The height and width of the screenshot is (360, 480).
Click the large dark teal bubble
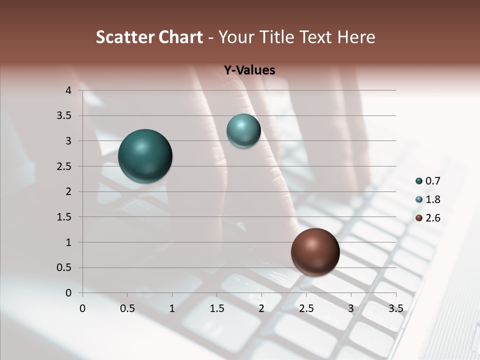click(145, 156)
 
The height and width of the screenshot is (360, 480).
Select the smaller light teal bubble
click(243, 130)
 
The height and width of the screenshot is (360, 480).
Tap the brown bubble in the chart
click(315, 252)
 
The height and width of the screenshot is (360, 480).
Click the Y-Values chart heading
click(249, 70)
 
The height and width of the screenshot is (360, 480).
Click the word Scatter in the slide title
click(125, 37)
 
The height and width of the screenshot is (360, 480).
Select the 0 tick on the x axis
click(82, 308)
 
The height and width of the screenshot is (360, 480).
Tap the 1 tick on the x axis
click(172, 308)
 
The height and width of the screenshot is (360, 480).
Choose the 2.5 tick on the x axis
click(306, 308)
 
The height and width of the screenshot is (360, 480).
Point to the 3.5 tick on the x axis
click(395, 308)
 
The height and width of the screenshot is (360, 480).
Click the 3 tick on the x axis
click(351, 308)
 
